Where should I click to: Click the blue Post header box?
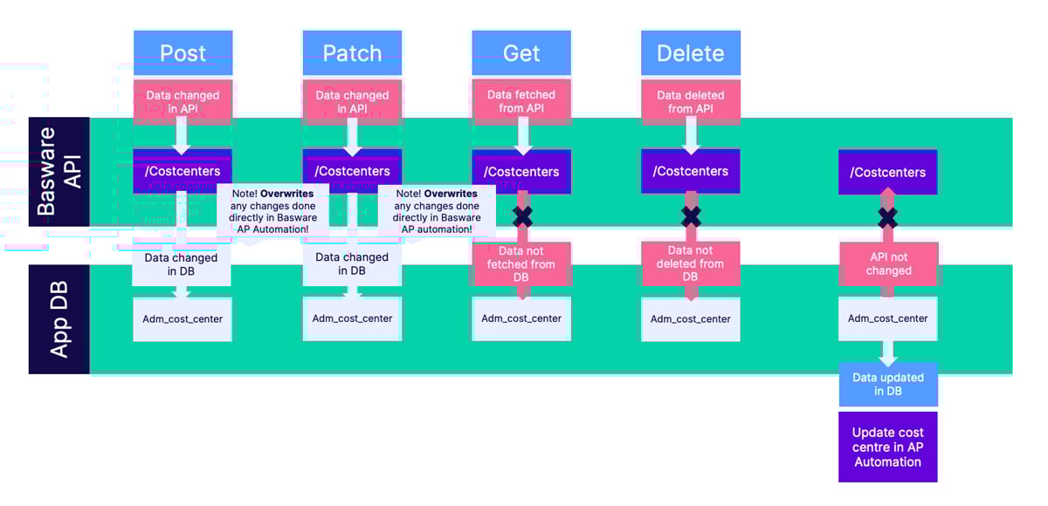click(x=183, y=53)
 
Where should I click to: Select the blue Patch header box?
click(x=352, y=53)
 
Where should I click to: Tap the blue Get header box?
click(x=521, y=53)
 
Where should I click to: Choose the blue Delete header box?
click(x=690, y=53)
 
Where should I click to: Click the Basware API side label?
click(x=59, y=171)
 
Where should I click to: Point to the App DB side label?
click(x=59, y=319)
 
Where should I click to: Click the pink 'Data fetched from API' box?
click(x=521, y=101)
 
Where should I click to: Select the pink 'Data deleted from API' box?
click(x=690, y=101)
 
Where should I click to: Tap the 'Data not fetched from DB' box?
click(x=521, y=263)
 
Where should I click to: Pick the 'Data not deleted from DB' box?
click(x=690, y=263)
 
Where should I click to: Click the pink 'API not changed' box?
click(x=888, y=263)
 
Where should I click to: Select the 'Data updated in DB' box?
click(x=888, y=384)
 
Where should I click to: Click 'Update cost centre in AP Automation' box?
click(x=888, y=447)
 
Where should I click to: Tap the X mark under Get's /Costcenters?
click(x=522, y=217)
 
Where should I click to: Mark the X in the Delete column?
click(x=691, y=217)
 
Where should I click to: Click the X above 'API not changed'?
click(x=888, y=217)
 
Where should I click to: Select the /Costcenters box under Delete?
click(x=690, y=171)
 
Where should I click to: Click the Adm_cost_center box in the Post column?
click(x=183, y=318)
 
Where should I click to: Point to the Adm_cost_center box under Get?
click(x=521, y=318)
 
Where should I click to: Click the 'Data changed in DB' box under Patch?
click(x=352, y=263)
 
